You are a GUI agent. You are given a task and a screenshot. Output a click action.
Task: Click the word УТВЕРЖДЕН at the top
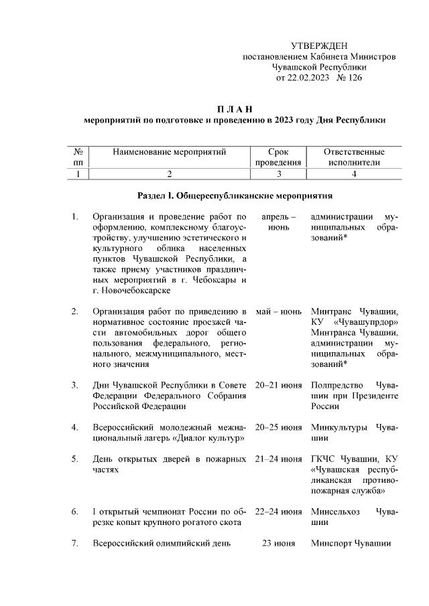pyautogui.click(x=319, y=46)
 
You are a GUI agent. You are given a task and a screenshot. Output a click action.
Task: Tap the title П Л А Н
pyautogui.click(x=235, y=109)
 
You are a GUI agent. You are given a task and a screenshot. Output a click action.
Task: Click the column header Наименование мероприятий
pyautogui.click(x=170, y=152)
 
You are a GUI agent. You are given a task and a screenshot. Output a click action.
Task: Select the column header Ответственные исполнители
pyautogui.click(x=354, y=157)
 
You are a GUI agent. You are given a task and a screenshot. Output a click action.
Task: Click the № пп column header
pyautogui.click(x=78, y=157)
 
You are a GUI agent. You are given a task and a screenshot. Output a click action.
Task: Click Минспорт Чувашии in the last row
pyautogui.click(x=351, y=543)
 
